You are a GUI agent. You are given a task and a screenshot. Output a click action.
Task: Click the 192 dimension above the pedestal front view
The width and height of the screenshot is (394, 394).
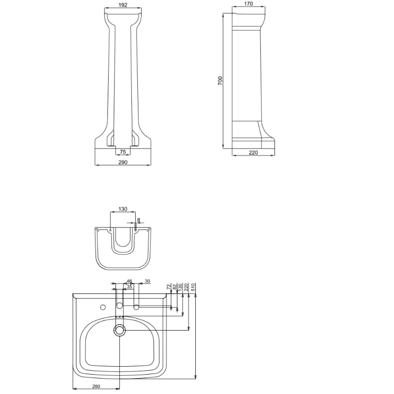point(122,5)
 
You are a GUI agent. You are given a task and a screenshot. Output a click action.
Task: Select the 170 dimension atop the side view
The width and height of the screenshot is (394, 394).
point(248,3)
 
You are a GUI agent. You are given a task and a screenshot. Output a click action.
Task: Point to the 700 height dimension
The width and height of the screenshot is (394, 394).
point(220,81)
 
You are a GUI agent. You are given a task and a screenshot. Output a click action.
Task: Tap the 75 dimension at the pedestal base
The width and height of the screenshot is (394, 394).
point(122,152)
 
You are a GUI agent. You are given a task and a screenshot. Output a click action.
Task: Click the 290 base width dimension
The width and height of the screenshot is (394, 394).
point(123,162)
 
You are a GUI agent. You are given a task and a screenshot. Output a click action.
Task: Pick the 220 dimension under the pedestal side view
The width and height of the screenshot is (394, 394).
point(253,152)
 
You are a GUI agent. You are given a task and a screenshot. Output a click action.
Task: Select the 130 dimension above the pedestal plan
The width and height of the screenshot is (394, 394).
point(122,209)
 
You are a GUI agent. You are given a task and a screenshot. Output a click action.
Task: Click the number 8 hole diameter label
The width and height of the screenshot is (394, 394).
point(138,220)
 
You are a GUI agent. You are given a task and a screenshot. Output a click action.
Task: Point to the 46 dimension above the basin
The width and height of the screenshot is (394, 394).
point(129,281)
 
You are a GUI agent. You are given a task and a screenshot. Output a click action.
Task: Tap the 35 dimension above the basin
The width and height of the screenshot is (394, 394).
point(129,286)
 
